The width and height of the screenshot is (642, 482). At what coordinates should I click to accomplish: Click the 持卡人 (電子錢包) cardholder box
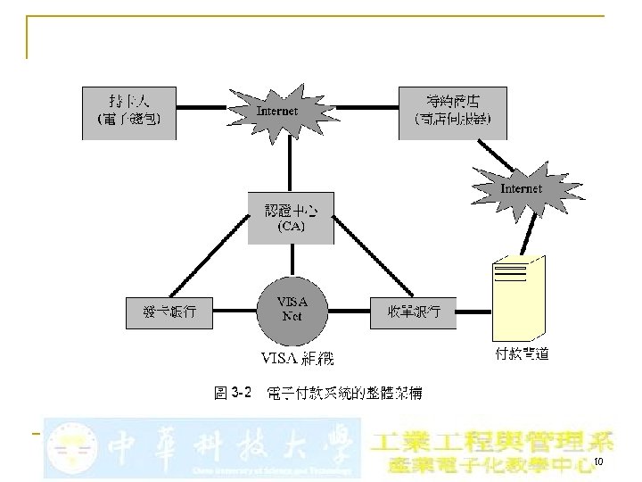pos(128,112)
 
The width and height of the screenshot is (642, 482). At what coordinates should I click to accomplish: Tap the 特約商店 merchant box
pos(452,112)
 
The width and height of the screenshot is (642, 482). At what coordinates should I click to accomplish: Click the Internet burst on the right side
pos(521,189)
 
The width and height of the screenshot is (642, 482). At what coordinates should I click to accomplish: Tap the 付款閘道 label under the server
pos(522,353)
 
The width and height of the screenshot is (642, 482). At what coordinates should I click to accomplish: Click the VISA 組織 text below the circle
pos(297,359)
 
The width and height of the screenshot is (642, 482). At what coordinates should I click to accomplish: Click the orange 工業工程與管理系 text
pos(491,442)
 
